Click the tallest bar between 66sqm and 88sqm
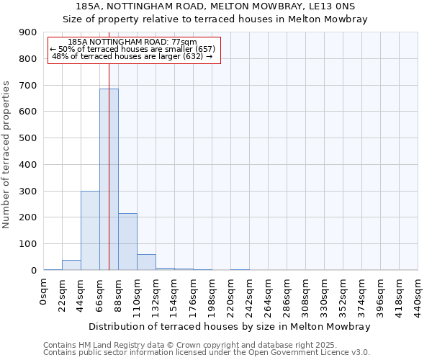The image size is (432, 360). click(x=109, y=180)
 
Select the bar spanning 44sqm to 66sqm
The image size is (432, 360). click(x=90, y=230)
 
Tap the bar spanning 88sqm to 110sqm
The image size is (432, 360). click(x=127, y=242)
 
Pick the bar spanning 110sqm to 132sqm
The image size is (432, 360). click(x=146, y=262)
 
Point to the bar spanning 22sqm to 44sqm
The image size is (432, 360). click(x=71, y=265)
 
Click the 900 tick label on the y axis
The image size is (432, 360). click(x=28, y=32)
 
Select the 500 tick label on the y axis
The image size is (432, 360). click(x=28, y=138)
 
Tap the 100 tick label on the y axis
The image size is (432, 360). click(x=28, y=244)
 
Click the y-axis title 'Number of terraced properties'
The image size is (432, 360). click(x=6, y=155)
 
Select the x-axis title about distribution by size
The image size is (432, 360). click(x=230, y=326)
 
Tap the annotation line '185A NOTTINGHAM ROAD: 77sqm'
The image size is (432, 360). click(x=134, y=42)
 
